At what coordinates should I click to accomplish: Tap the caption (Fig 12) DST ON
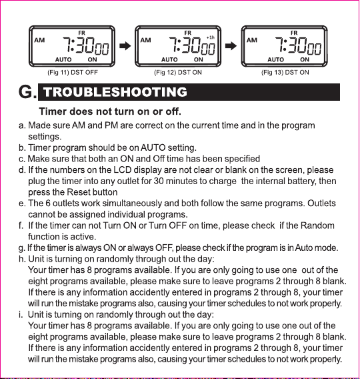(x=178, y=71)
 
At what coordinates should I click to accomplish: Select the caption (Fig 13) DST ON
(x=285, y=71)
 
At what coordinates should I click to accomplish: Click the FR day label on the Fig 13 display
(x=294, y=32)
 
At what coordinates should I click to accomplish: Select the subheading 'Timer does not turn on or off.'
(x=111, y=110)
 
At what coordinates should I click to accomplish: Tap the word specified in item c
(x=238, y=158)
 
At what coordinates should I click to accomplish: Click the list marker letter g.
(x=21, y=248)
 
